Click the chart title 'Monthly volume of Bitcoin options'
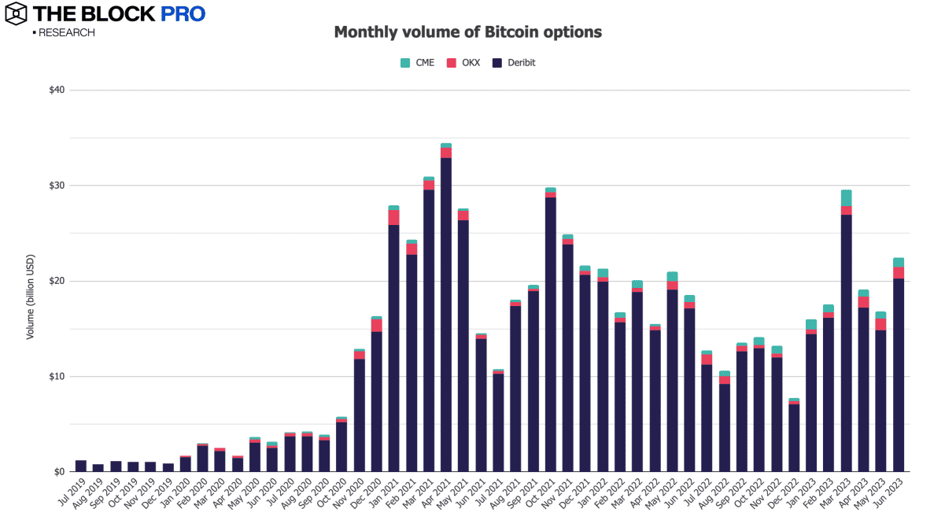click(x=467, y=32)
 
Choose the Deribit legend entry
click(x=515, y=62)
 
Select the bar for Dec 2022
click(x=794, y=437)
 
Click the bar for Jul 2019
click(x=81, y=466)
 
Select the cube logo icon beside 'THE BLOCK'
click(x=16, y=14)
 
